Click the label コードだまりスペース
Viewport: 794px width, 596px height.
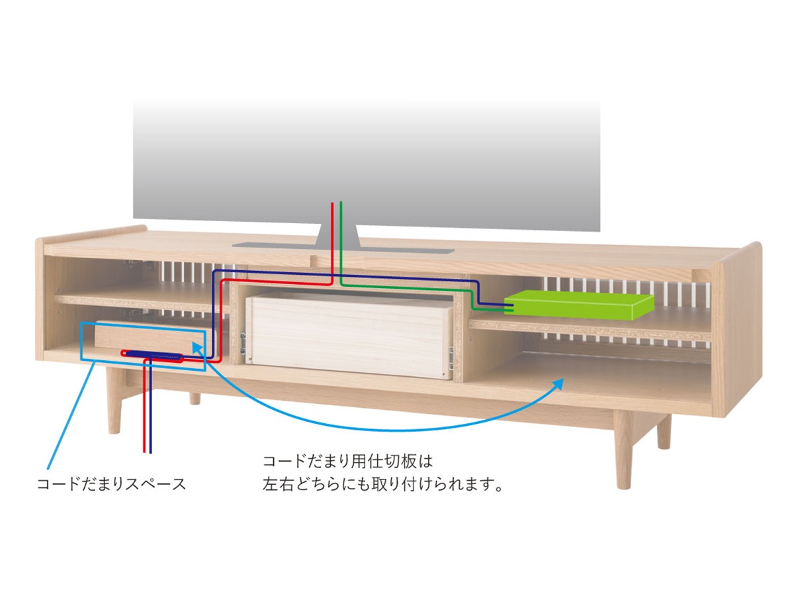(111, 484)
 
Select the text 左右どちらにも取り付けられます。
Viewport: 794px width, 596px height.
(384, 485)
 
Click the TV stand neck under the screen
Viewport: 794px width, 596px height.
(337, 236)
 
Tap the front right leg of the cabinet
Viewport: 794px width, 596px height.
(622, 450)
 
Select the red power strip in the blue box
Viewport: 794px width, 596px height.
(152, 354)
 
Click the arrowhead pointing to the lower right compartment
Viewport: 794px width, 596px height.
(559, 382)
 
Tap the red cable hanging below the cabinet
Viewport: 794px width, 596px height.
(144, 424)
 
